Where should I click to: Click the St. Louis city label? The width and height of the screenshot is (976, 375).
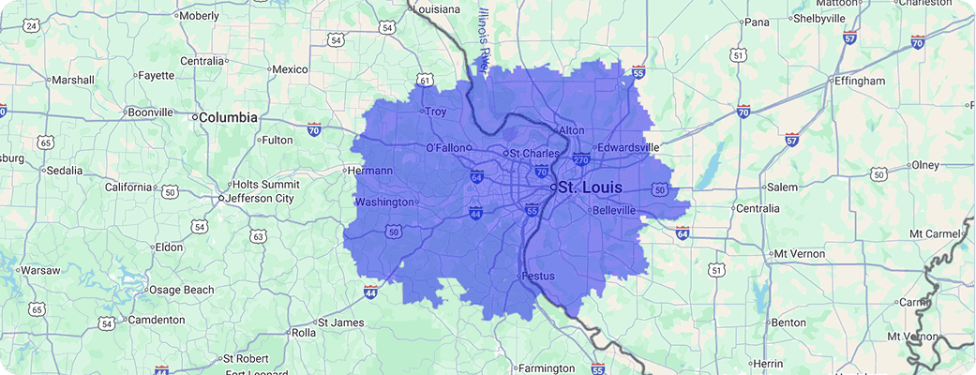coord(589,188)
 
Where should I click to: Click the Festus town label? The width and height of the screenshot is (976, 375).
coord(537,277)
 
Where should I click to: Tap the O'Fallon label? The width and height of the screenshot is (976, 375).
coord(446,148)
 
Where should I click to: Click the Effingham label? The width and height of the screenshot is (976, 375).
coord(860,82)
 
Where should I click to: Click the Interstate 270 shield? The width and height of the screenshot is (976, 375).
coord(581,160)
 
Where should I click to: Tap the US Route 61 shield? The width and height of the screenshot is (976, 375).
coord(426,82)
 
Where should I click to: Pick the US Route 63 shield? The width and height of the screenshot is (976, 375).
coord(258,235)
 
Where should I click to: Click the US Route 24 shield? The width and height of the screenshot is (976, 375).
coord(31,26)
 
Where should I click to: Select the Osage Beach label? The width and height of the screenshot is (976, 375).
coord(182,291)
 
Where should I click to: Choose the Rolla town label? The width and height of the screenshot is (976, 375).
coord(303,333)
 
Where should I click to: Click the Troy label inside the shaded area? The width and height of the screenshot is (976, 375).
coord(436,112)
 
